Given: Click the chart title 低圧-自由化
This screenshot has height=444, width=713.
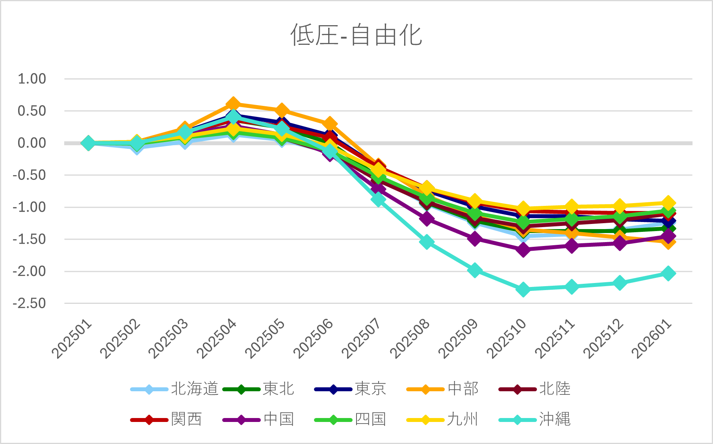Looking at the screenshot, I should tap(356, 35).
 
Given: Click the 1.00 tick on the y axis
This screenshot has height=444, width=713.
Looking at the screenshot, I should tap(32, 79).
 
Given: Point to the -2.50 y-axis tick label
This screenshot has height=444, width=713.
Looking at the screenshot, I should tap(30, 303).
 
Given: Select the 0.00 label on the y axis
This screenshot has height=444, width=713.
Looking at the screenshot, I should tap(32, 143).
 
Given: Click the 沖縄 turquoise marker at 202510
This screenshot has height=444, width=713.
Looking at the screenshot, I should tap(523, 290).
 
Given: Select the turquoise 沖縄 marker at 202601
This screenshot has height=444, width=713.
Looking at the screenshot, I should tap(668, 273).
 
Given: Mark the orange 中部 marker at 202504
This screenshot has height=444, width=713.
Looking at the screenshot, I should tap(233, 104).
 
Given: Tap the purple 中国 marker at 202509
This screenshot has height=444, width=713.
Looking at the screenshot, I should tap(475, 239).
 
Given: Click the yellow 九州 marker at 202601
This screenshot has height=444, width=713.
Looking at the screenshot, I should tap(668, 203).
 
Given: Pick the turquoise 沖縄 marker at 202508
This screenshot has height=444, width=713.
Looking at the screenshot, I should tap(427, 242).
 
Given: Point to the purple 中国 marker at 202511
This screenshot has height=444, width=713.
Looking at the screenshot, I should tap(572, 246).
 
